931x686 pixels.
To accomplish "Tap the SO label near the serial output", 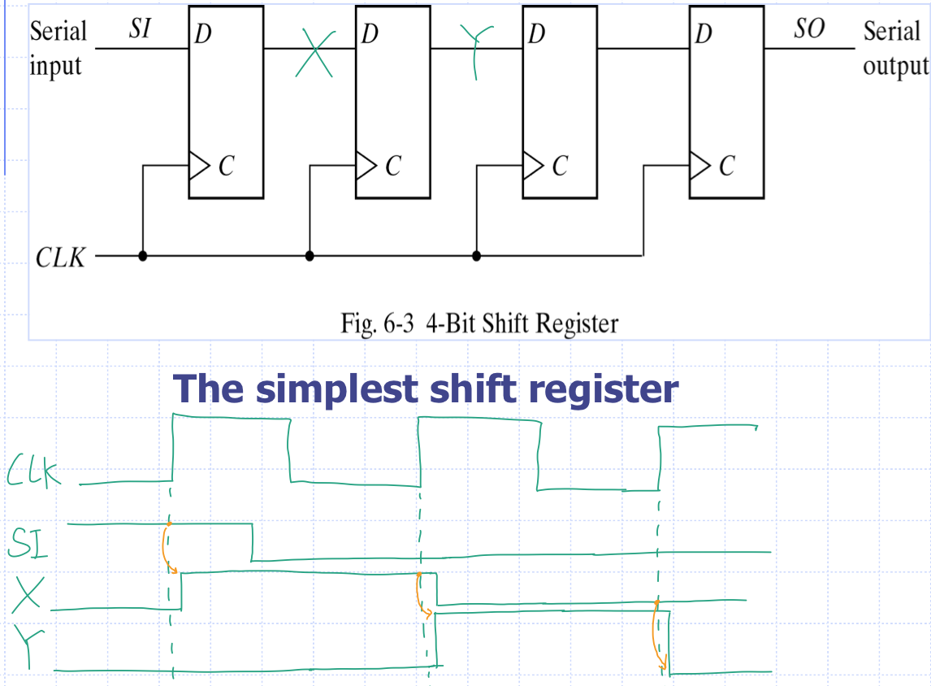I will coord(808,30).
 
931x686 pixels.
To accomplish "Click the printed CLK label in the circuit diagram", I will coord(60,259).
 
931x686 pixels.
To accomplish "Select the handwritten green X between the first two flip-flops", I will coord(313,54).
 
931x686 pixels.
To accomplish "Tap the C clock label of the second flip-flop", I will coord(393,166).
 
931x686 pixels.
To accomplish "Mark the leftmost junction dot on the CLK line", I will coord(143,256).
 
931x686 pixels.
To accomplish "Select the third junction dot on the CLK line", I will coord(476,256).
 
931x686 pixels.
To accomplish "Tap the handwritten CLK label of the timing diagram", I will coord(34,473).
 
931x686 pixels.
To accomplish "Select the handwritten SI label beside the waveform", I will coord(27,543).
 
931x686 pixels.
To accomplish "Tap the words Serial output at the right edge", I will coord(894,49).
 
